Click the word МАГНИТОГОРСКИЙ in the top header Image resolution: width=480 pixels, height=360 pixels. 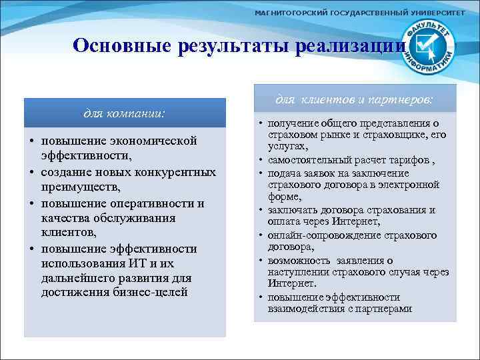[x=289, y=13]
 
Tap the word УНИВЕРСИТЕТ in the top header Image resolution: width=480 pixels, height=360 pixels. [x=437, y=13]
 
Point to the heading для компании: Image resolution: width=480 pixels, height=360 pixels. [x=125, y=113]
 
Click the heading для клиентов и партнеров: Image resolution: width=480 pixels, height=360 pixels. [x=354, y=99]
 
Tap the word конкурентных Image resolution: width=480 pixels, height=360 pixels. [x=180, y=172]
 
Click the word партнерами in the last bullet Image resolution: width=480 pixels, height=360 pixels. [x=385, y=309]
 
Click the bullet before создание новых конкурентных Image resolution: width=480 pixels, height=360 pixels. [x=31, y=173]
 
